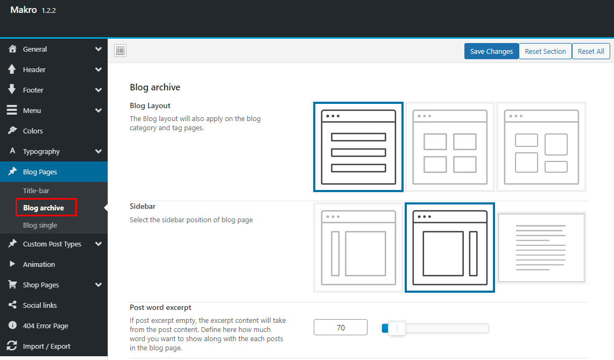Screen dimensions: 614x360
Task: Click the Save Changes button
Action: pyautogui.click(x=491, y=51)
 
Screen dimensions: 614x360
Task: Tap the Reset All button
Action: pyautogui.click(x=591, y=51)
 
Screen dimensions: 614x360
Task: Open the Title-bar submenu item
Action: pyautogui.click(x=36, y=191)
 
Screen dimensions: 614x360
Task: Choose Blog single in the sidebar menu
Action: pyautogui.click(x=40, y=225)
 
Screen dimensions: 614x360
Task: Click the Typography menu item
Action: pyautogui.click(x=41, y=151)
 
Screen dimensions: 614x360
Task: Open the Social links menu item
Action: pyautogui.click(x=39, y=305)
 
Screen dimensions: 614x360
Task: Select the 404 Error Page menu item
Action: pyautogui.click(x=45, y=326)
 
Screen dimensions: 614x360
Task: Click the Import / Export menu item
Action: pyautogui.click(x=47, y=347)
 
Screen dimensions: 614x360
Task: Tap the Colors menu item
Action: pyautogui.click(x=33, y=131)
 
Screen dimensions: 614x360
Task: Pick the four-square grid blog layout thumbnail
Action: pyautogui.click(x=450, y=147)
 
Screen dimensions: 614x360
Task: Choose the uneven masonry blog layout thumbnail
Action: pyautogui.click(x=541, y=147)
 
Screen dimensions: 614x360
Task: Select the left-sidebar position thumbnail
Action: pyautogui.click(x=358, y=248)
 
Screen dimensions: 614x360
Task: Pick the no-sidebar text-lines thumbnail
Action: pyautogui.click(x=541, y=248)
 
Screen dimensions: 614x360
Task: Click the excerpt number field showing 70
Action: pyautogui.click(x=340, y=328)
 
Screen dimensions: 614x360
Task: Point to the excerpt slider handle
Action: pyautogui.click(x=397, y=328)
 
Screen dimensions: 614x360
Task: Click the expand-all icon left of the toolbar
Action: pyautogui.click(x=120, y=51)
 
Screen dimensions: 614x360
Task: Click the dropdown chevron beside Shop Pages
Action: pyautogui.click(x=98, y=285)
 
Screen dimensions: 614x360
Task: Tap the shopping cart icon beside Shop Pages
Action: pyautogui.click(x=12, y=285)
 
